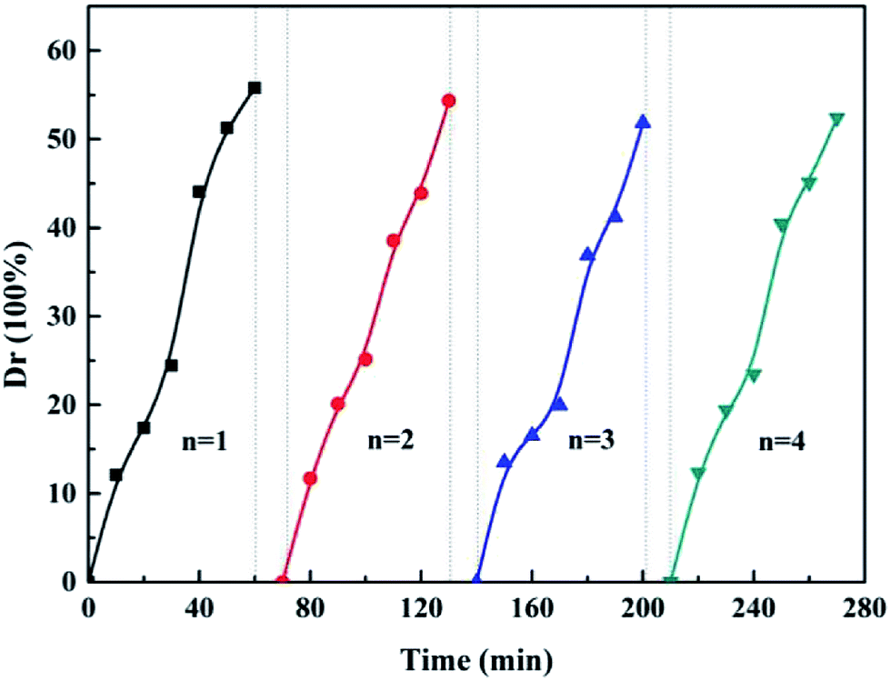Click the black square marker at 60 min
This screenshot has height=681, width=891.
click(255, 87)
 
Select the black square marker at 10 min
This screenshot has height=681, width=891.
click(115, 475)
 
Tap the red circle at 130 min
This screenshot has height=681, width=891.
click(448, 100)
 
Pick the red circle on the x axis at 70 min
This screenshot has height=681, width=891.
click(282, 581)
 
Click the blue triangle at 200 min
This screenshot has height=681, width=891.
click(643, 121)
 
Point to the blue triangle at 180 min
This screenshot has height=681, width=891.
click(587, 255)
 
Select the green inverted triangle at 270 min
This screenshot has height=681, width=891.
click(836, 119)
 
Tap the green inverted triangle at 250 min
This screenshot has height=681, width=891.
click(781, 225)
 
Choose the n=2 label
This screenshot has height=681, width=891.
click(392, 443)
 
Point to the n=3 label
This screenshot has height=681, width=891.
click(592, 443)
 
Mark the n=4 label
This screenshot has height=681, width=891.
click(781, 443)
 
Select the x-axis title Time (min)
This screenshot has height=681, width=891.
click(476, 656)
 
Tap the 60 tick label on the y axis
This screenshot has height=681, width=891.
click(60, 51)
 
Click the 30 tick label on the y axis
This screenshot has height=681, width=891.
click(60, 316)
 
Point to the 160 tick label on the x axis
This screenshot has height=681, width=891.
click(532, 604)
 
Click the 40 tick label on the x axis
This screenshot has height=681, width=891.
click(199, 604)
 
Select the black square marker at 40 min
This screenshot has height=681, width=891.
click(199, 192)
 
